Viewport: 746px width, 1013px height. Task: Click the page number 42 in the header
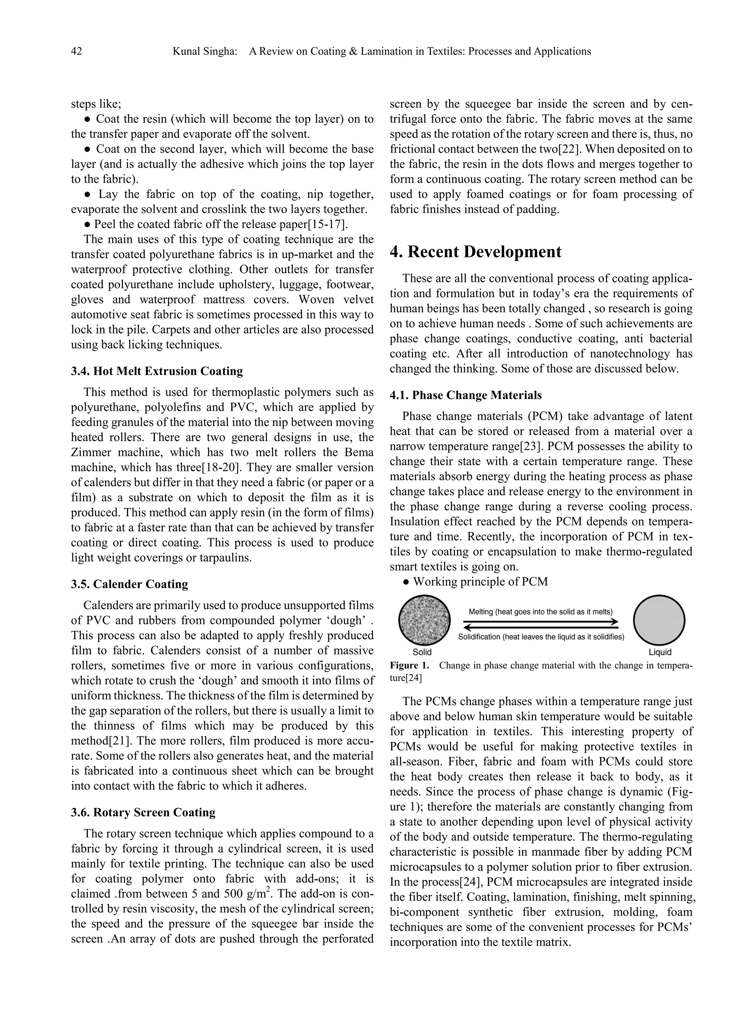(76, 51)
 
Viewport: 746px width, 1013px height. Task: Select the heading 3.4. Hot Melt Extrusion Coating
(157, 371)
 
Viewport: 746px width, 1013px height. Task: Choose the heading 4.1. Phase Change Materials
(466, 395)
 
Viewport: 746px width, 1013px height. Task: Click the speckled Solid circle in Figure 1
(424, 621)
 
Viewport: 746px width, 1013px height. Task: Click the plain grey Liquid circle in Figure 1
(659, 621)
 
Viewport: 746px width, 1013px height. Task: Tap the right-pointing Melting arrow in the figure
(540, 621)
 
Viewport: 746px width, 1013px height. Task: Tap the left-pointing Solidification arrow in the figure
(540, 628)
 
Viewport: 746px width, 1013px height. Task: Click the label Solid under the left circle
(422, 652)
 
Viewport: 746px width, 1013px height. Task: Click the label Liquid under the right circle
(660, 652)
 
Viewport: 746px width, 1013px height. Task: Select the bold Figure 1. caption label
(409, 666)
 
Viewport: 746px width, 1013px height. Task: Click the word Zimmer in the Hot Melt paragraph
(91, 453)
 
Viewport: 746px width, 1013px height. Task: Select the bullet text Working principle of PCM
(480, 582)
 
